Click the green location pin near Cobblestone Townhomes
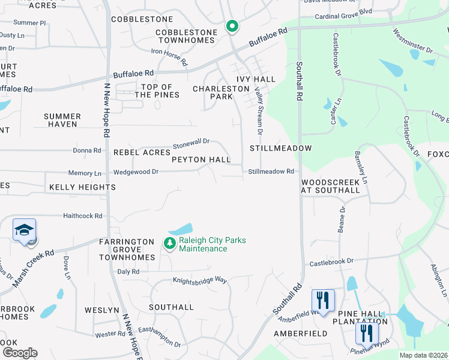coord(232,26)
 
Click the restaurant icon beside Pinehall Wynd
coord(367,334)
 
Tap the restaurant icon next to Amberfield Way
coord(323,300)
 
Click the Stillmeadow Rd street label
coord(271,172)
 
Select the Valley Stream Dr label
coord(259,110)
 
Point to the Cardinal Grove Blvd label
coord(343,11)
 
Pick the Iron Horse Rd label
coord(169,58)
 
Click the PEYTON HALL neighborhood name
coord(201,160)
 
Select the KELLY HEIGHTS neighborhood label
coord(82,187)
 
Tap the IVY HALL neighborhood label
coord(256,79)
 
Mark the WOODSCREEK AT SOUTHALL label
coord(330,186)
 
